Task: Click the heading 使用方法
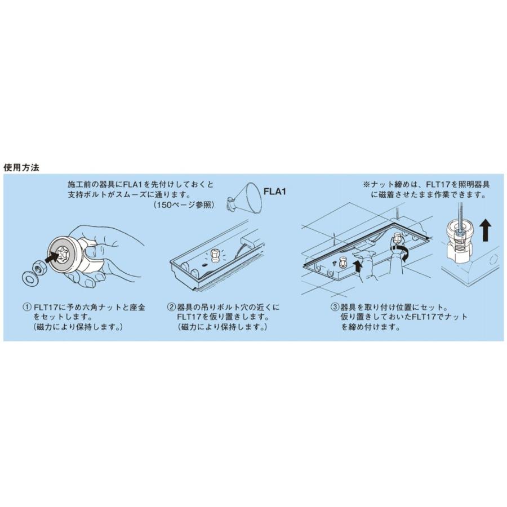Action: pyautogui.click(x=21, y=167)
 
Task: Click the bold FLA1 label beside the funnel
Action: pyautogui.click(x=276, y=193)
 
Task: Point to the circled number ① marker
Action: pyautogui.click(x=26, y=308)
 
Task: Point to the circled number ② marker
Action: pyautogui.click(x=171, y=308)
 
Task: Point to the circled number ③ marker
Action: pyautogui.click(x=334, y=308)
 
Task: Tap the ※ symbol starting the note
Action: pyautogui.click(x=366, y=184)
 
